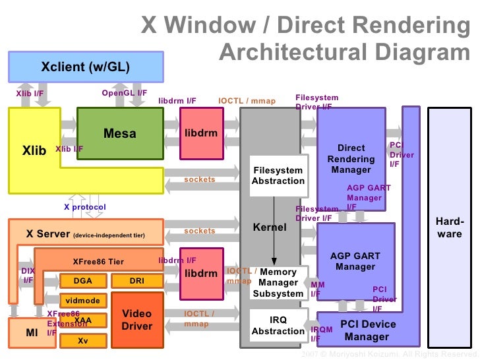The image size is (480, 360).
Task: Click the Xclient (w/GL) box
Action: [x=85, y=67]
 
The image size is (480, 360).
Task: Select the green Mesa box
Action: [x=120, y=134]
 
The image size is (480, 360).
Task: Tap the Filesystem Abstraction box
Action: [x=278, y=175]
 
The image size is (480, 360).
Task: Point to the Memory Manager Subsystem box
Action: [x=278, y=283]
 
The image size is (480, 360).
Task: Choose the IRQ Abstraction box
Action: [x=278, y=325]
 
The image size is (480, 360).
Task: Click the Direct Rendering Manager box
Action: [x=351, y=159]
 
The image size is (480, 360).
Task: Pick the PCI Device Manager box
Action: [x=367, y=330]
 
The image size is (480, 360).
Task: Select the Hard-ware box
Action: [x=449, y=227]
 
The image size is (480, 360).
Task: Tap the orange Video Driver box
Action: [x=136, y=320]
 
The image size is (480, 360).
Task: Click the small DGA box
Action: [x=83, y=281]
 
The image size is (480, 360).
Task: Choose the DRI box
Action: [x=136, y=281]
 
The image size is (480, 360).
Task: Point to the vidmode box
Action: [x=83, y=301]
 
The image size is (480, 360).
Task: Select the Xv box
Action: [x=83, y=341]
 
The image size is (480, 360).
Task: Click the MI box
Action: [x=32, y=333]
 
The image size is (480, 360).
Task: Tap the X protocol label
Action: [x=84, y=207]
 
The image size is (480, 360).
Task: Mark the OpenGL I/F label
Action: [x=125, y=93]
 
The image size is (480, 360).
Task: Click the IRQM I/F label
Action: [x=321, y=334]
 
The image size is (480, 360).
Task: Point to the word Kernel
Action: [x=270, y=227]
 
